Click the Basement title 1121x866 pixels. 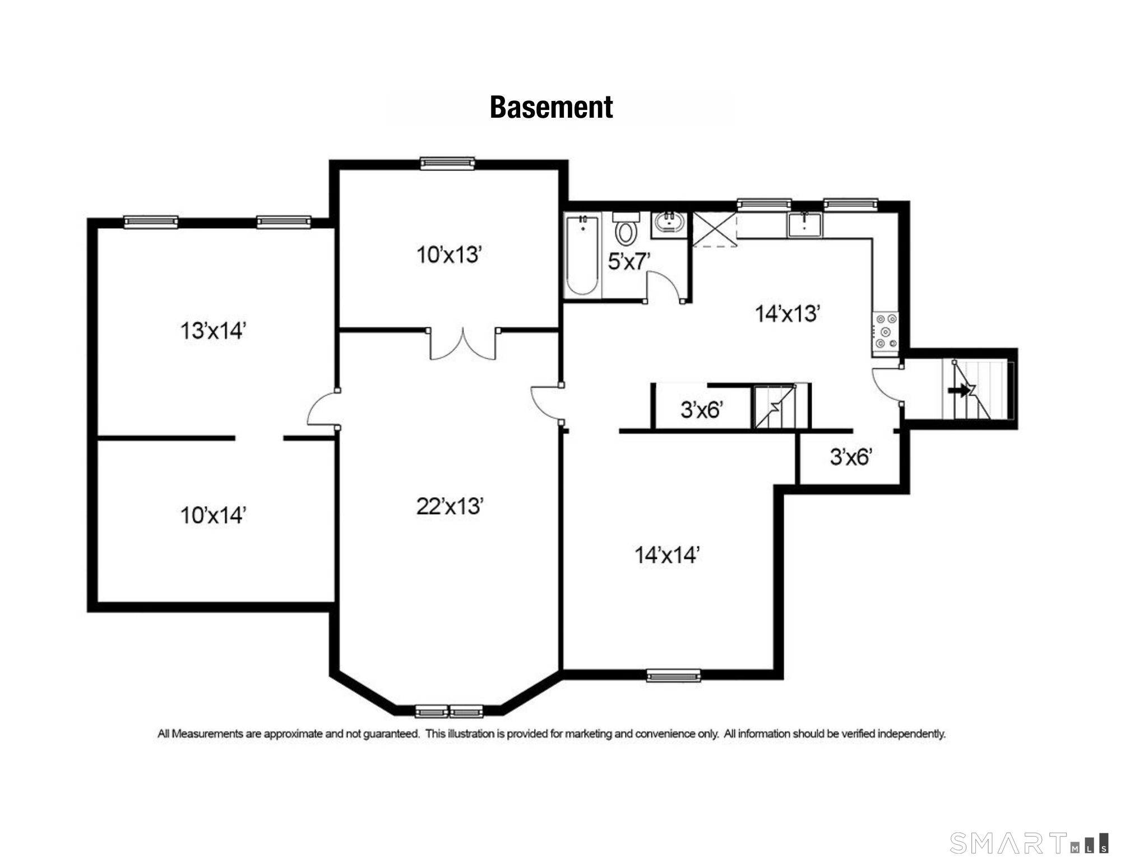551,107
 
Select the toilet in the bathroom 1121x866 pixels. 626,229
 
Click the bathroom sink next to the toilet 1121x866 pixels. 668,224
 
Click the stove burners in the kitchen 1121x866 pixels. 885,331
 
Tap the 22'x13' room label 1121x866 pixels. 450,506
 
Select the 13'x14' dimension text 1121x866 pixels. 213,331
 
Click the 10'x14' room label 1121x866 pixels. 213,515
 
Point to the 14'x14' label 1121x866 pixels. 667,555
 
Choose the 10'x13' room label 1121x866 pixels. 449,255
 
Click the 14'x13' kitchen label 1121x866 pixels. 788,314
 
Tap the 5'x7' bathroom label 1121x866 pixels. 629,261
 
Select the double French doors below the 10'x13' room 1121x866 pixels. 463,344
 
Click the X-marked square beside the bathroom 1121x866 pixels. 714,229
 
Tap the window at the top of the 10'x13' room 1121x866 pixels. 447,163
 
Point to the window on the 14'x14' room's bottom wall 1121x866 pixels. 673,675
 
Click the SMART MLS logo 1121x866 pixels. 1029,842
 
